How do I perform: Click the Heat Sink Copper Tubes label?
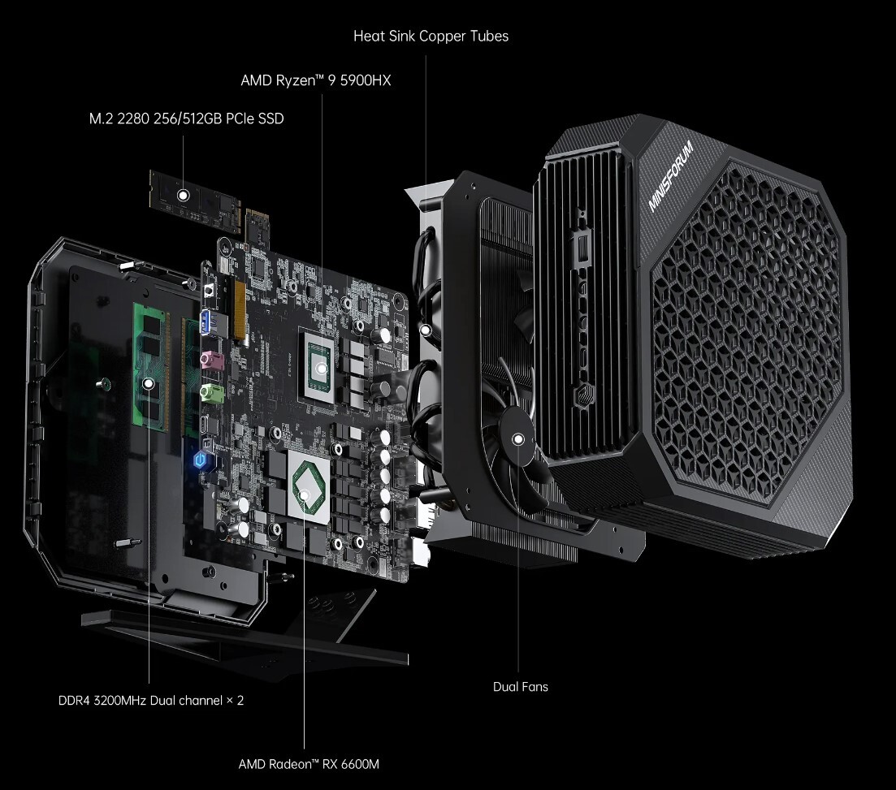click(431, 37)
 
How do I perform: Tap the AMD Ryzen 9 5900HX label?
click(316, 81)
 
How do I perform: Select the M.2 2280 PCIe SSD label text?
click(186, 119)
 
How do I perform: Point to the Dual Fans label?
click(520, 687)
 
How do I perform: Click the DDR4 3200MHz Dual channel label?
click(151, 700)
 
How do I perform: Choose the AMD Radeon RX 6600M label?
click(309, 764)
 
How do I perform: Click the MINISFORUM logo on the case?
click(671, 177)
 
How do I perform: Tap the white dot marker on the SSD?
click(184, 195)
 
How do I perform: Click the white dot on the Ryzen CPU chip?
click(322, 367)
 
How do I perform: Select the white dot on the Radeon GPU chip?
click(304, 494)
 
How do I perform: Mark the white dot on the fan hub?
click(518, 439)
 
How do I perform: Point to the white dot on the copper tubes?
click(426, 330)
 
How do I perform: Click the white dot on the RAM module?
click(148, 384)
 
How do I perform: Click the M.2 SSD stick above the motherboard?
click(195, 199)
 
